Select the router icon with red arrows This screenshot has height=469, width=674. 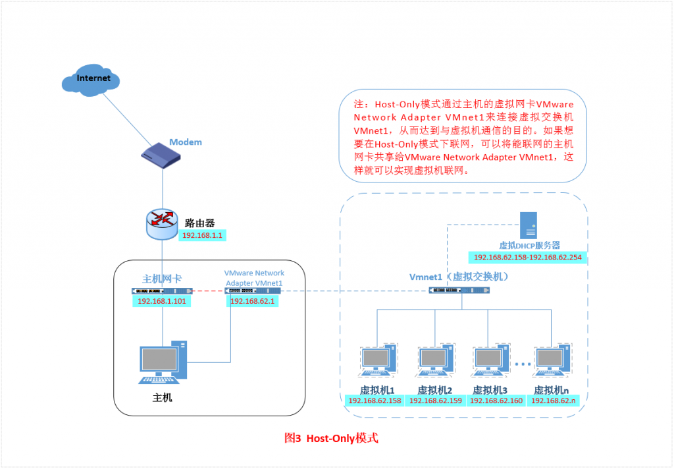point(161,226)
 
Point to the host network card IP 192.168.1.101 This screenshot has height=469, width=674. point(161,301)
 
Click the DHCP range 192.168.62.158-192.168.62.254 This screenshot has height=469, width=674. point(527,258)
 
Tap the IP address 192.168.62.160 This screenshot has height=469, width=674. point(496,400)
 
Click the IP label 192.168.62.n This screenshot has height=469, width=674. point(553,400)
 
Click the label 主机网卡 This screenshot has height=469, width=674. point(161,278)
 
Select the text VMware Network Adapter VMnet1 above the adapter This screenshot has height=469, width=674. point(254,277)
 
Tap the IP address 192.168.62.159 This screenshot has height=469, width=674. point(434,400)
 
